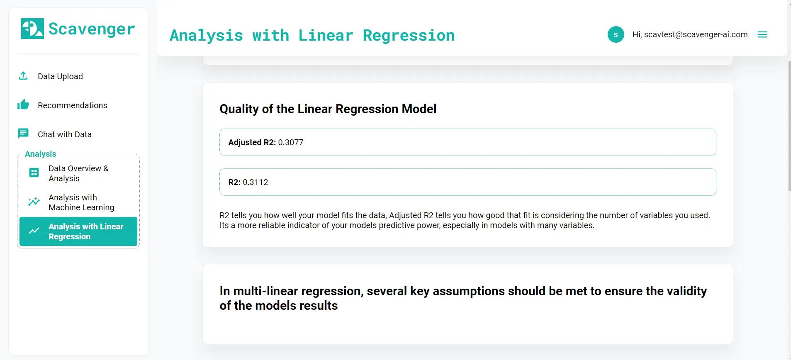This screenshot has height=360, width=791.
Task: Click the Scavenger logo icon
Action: pyautogui.click(x=32, y=29)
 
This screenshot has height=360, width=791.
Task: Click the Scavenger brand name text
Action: pyautogui.click(x=92, y=29)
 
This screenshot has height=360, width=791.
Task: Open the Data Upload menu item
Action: pyautogui.click(x=60, y=76)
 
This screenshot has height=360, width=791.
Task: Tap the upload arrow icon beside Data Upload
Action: pyautogui.click(x=23, y=76)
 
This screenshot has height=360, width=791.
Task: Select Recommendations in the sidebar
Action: pyautogui.click(x=72, y=105)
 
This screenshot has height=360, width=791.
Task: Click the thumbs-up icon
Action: pyautogui.click(x=23, y=105)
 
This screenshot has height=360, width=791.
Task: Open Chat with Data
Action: pyautogui.click(x=64, y=134)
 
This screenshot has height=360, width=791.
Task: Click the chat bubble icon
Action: pyautogui.click(x=23, y=134)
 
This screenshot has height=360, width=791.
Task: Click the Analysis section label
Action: pyautogui.click(x=40, y=154)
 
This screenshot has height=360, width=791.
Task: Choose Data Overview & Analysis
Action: pyautogui.click(x=78, y=173)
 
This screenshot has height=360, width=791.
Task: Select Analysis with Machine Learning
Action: pyautogui.click(x=81, y=202)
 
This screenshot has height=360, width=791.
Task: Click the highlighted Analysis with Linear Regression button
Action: pyautogui.click(x=78, y=231)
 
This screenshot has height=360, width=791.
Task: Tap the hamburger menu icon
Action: pyautogui.click(x=762, y=34)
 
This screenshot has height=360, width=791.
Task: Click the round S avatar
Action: pyautogui.click(x=616, y=34)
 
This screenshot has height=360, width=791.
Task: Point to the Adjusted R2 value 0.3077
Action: pyautogui.click(x=290, y=142)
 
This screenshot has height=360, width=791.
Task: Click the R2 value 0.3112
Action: pyautogui.click(x=255, y=182)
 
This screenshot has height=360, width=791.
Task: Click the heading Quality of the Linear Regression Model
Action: pyautogui.click(x=328, y=109)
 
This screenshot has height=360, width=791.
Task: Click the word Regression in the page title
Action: pyautogui.click(x=409, y=35)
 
